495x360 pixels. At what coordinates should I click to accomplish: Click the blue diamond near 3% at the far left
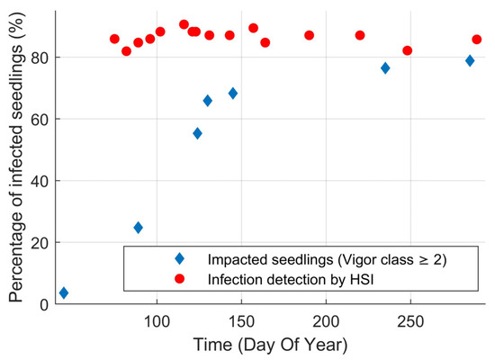point(63,292)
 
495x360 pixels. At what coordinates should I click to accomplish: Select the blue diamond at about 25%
point(138,228)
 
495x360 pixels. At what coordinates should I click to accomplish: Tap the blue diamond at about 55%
point(197,133)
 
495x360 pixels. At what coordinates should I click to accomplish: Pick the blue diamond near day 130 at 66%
point(208,101)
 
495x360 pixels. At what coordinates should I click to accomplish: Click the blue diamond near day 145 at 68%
point(233,94)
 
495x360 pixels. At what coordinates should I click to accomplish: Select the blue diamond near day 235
point(385,68)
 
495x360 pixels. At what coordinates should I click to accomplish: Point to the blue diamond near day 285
point(470,60)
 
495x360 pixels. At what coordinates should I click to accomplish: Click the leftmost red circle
point(114,39)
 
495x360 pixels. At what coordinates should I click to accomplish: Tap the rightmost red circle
point(477,40)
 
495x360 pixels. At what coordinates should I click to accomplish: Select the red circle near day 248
point(408,50)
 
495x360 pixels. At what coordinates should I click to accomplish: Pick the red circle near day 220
point(360,35)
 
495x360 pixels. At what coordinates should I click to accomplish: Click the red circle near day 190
point(309,35)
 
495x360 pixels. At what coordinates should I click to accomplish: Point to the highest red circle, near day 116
point(184,24)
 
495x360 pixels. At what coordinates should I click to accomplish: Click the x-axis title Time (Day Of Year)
point(270,345)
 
